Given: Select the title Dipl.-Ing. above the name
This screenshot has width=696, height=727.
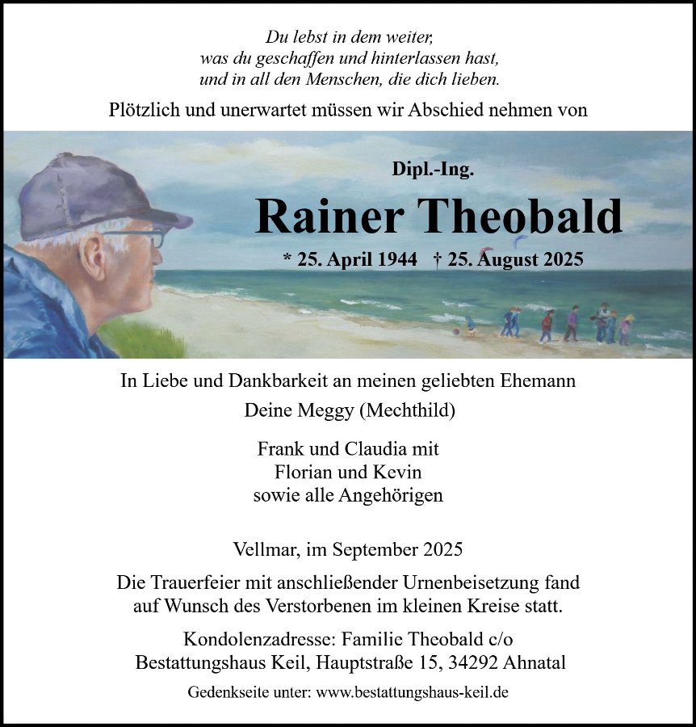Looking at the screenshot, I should [x=433, y=170].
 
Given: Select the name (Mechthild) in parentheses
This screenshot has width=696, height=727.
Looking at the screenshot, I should [x=409, y=410].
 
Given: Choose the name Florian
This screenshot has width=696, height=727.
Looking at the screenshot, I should [x=304, y=472].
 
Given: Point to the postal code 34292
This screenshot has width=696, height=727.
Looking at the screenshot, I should [x=471, y=662].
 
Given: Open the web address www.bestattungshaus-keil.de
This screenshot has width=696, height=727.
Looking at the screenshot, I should [x=412, y=692].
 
